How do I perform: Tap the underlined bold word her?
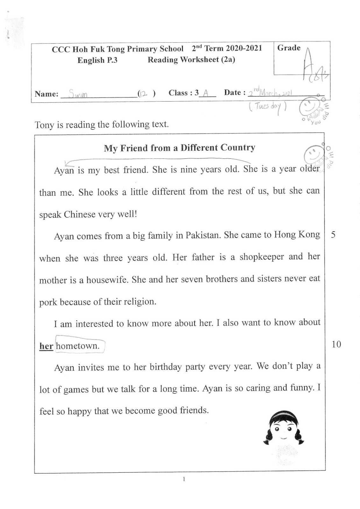click(46, 346)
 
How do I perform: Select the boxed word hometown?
click(78, 346)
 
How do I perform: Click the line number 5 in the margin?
click(333, 235)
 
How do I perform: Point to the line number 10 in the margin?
click(336, 344)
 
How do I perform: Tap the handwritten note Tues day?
click(267, 107)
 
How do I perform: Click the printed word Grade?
click(289, 48)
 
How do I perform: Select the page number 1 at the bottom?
click(184, 479)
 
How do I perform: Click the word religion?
click(139, 302)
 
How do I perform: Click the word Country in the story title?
click(238, 148)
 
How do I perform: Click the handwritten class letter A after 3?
click(206, 93)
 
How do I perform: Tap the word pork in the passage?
click(48, 302)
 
